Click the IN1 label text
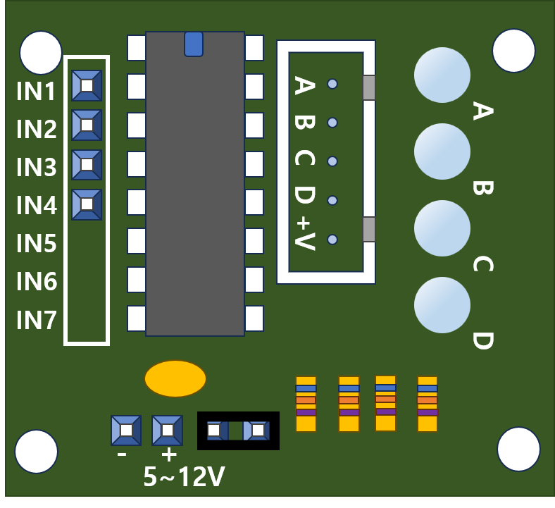(36, 92)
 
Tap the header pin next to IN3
(87, 164)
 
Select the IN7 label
(36, 321)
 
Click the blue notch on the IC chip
(194, 44)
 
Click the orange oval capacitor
(175, 378)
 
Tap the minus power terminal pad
(126, 430)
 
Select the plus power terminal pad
(167, 430)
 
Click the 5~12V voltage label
(184, 478)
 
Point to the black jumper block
(238, 430)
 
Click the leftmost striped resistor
(306, 404)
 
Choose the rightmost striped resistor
(427, 404)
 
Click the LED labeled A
(442, 75)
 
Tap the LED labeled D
(442, 304)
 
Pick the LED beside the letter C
(442, 228)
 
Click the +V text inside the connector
(304, 233)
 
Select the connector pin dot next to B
(332, 123)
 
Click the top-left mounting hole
(41, 52)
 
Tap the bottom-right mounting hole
(518, 449)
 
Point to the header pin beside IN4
(87, 204)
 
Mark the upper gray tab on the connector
(368, 87)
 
